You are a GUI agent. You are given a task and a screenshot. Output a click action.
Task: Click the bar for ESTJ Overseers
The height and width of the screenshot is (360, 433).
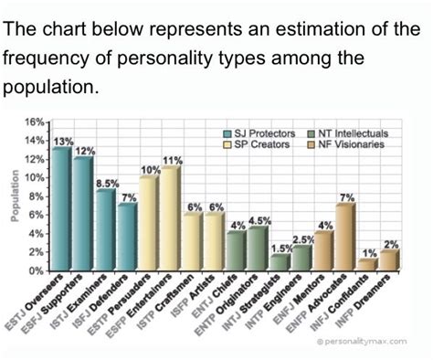[x=61, y=209]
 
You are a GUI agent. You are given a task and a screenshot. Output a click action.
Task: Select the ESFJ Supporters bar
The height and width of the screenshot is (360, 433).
[x=83, y=215]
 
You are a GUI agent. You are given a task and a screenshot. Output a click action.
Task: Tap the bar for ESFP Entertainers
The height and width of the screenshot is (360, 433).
[x=170, y=219]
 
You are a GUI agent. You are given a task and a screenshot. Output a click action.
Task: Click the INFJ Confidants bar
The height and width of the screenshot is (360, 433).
[x=366, y=265]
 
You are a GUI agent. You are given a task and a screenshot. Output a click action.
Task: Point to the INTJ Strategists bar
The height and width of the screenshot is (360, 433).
[x=280, y=262]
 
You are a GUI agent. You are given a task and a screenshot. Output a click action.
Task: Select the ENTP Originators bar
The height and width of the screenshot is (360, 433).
[x=258, y=249]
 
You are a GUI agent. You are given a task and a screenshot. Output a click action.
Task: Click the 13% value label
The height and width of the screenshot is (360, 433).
[x=63, y=141]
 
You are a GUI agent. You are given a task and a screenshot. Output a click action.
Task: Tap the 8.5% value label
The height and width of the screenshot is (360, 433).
[x=107, y=184]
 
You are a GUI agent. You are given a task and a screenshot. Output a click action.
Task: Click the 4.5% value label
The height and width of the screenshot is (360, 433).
[x=259, y=220]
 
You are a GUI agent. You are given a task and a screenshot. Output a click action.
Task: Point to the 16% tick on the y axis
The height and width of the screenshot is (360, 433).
[x=34, y=122]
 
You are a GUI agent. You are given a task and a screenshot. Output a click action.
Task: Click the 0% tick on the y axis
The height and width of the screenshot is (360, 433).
[x=37, y=271]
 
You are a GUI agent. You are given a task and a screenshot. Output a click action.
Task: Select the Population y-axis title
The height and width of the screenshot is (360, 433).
[x=13, y=196]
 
